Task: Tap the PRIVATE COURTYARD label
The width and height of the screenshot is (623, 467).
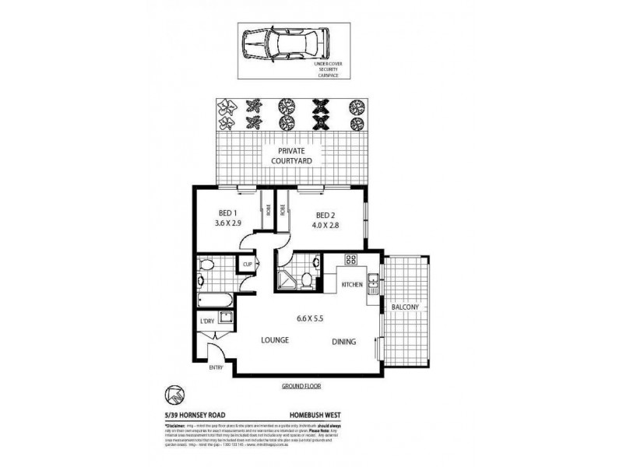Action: click(292, 155)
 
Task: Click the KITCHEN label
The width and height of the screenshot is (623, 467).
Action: click(353, 285)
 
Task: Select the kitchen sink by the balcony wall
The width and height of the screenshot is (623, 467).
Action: click(373, 284)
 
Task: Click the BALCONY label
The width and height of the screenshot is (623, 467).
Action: click(405, 307)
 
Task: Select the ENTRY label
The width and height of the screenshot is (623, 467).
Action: click(216, 368)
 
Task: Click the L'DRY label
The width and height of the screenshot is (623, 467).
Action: click(206, 321)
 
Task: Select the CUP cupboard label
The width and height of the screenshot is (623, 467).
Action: click(248, 265)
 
